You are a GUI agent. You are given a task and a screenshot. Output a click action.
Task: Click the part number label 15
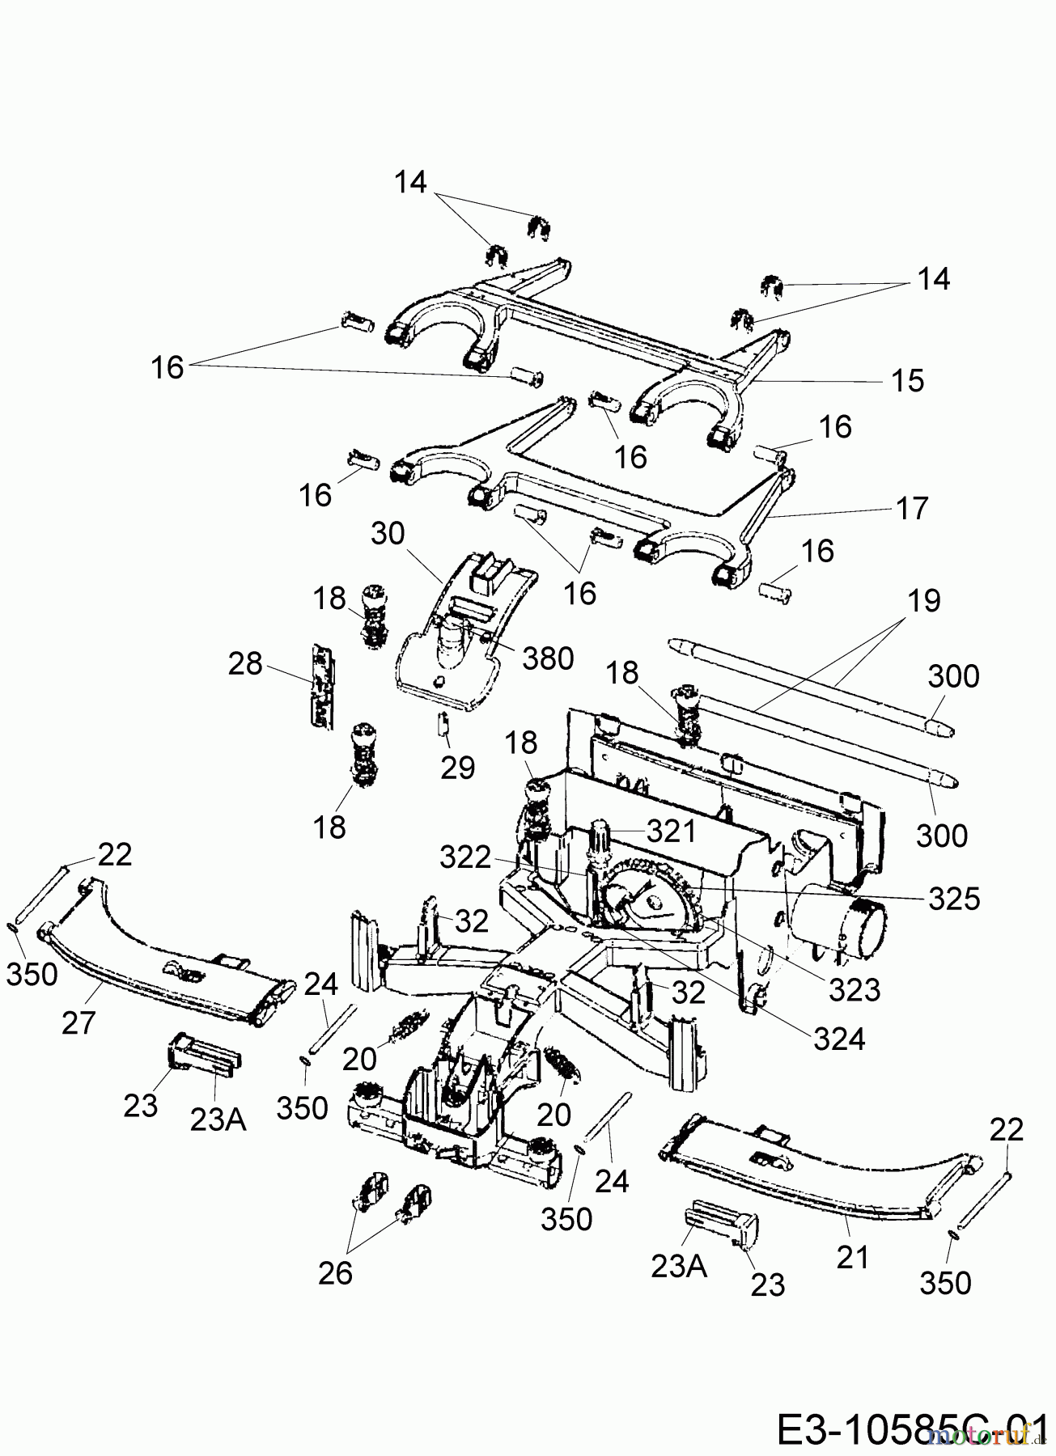908,380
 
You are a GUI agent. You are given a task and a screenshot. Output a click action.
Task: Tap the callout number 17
912,509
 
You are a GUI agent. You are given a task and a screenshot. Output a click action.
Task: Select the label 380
547,658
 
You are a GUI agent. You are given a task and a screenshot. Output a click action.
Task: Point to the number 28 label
244,664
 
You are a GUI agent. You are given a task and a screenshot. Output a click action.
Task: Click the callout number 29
457,767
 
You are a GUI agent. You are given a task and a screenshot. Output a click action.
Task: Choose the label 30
388,534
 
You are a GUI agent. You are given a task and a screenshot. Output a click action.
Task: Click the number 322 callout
466,857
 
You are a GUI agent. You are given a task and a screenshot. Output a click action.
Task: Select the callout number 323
854,988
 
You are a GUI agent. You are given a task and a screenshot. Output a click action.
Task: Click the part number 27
78,1022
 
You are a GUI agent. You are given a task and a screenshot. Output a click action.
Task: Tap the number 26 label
335,1273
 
